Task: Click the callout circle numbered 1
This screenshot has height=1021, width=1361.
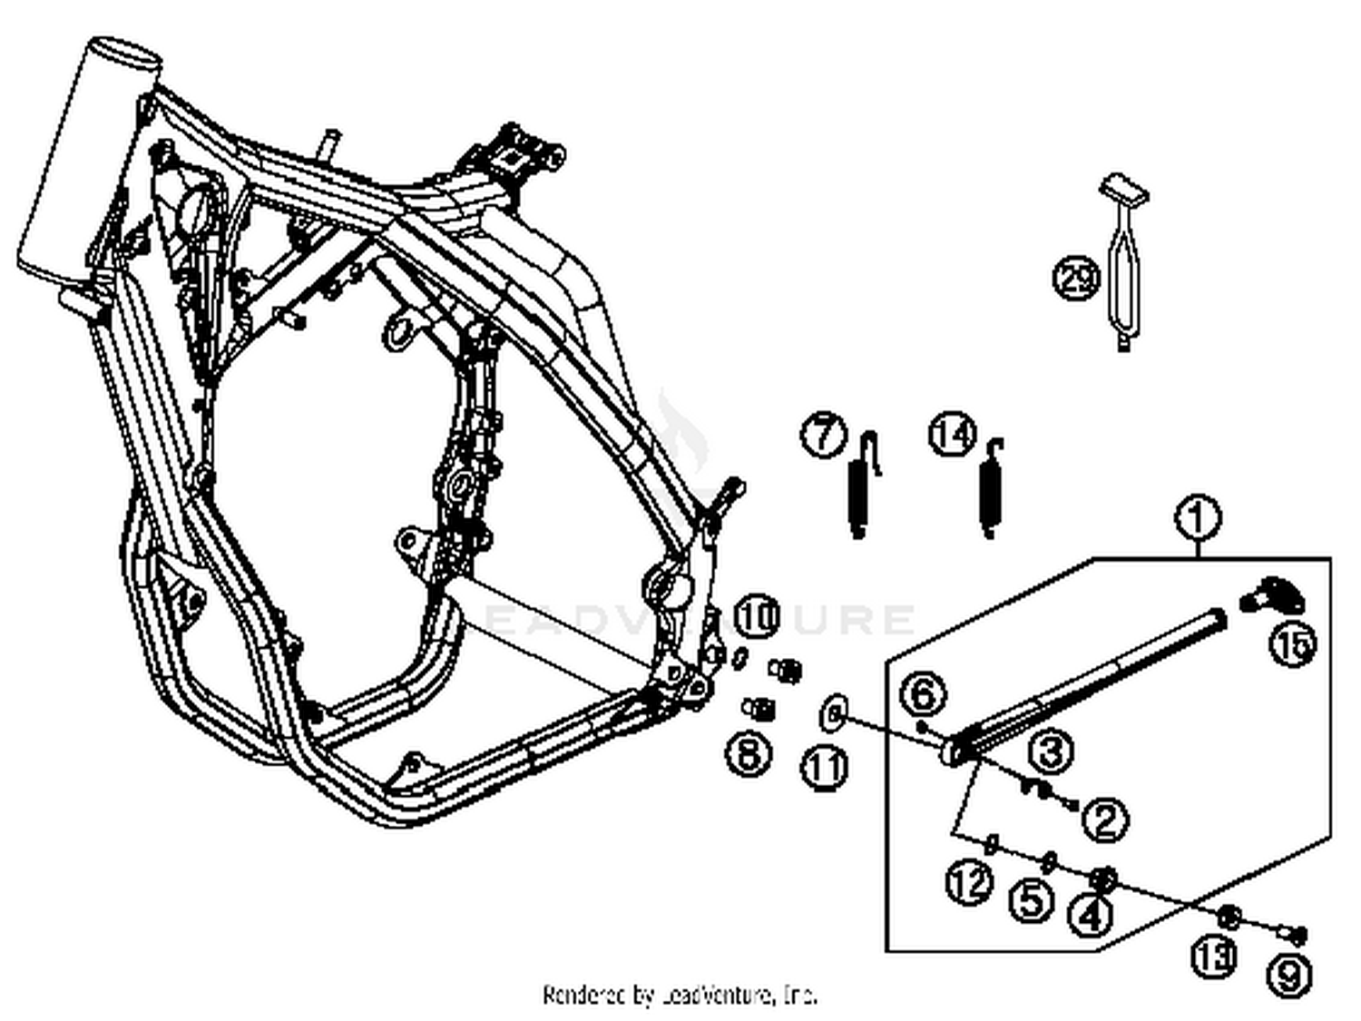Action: (x=1197, y=517)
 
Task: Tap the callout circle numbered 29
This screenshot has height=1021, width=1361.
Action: (x=1077, y=277)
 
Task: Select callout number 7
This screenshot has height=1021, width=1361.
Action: (x=823, y=434)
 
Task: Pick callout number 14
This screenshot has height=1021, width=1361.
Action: (x=953, y=434)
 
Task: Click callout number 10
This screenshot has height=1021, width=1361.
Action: (x=757, y=617)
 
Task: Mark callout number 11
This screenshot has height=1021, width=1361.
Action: (x=825, y=768)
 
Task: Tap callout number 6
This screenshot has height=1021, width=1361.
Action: (x=923, y=695)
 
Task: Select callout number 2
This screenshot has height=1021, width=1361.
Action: (x=1105, y=820)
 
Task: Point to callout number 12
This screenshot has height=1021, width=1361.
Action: (x=969, y=881)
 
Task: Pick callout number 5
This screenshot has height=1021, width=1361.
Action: (x=1033, y=900)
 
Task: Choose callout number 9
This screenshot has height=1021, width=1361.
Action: (x=1289, y=976)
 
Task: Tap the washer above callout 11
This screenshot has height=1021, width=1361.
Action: (x=832, y=713)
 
